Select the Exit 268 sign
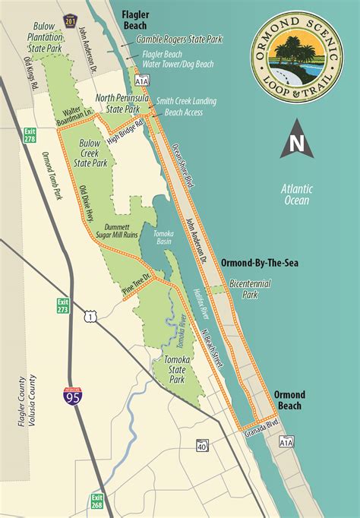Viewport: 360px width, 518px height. coord(97,501)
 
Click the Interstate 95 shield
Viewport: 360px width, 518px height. coord(69,396)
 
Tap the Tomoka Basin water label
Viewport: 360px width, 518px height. coord(159,236)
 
